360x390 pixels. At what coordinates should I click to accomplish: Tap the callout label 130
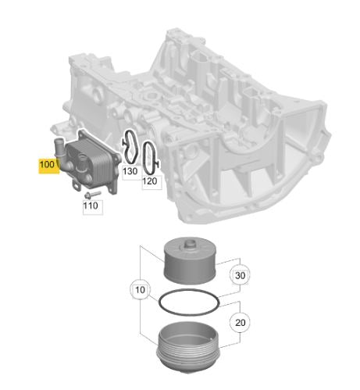[x=129, y=170]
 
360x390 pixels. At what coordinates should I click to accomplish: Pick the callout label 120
[x=150, y=181]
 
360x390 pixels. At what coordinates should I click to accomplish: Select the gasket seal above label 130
[x=130, y=147]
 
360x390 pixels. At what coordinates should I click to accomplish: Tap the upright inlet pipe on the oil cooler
[x=58, y=145]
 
